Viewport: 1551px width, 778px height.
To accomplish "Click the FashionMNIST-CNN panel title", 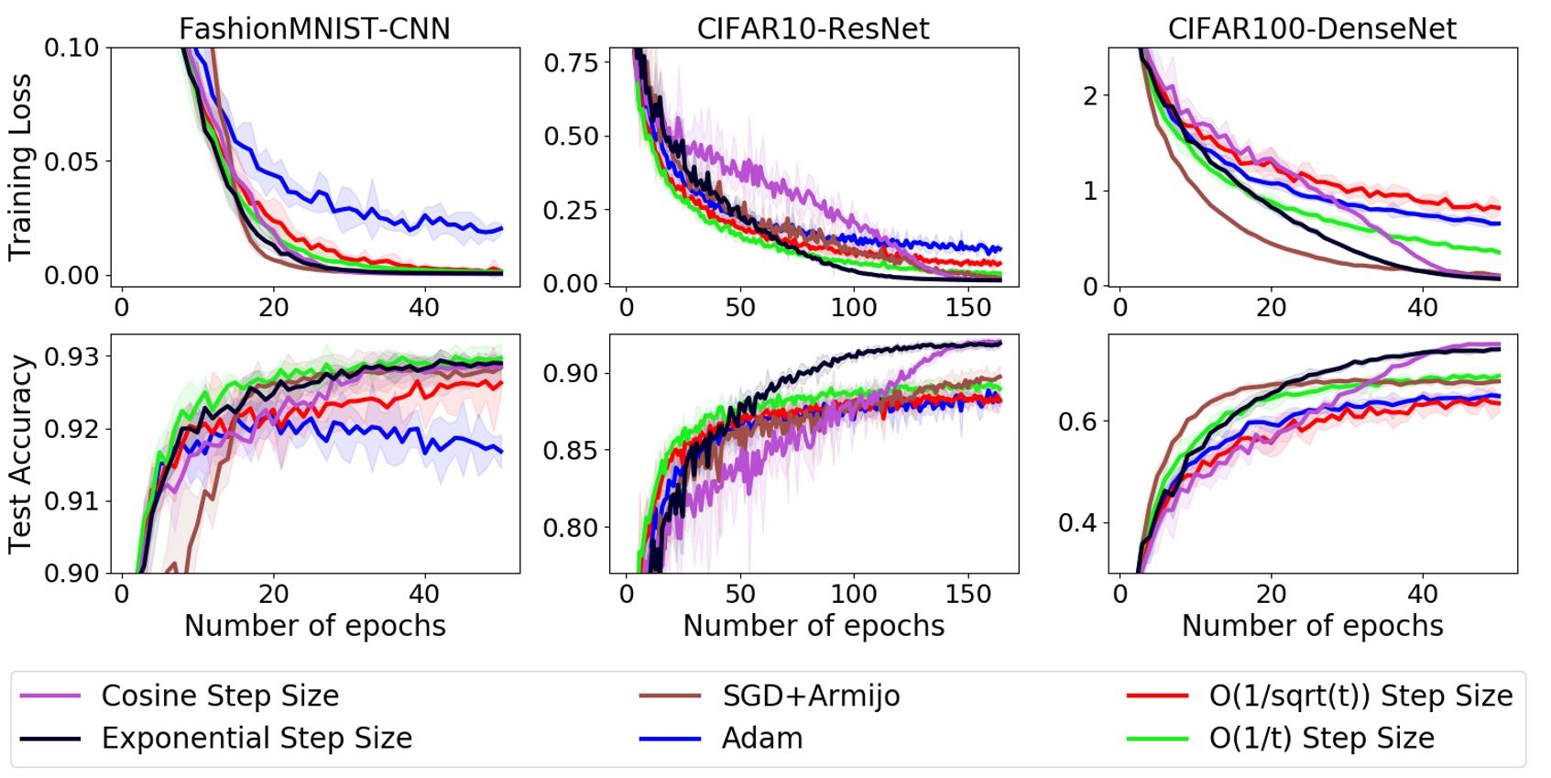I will coord(314,28).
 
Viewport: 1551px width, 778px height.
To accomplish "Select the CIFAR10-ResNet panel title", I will coord(813,28).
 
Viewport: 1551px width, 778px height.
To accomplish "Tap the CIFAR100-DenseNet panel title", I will coord(1312,28).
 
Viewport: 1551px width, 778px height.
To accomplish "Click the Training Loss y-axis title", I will coord(20,167).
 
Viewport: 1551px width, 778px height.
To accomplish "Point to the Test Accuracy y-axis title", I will coord(20,455).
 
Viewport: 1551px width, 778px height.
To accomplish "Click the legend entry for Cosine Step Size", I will coord(220,696).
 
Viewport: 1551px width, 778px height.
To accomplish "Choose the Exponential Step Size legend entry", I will coord(257,738).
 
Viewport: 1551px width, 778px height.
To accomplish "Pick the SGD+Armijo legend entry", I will coord(811,696).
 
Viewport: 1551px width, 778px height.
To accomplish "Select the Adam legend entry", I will coord(762,738).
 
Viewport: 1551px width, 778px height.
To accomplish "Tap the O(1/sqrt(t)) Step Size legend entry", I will coord(1360,696).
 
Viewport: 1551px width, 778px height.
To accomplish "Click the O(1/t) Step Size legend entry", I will coord(1321,738).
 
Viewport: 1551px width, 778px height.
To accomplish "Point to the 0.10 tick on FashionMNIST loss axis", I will coord(71,48).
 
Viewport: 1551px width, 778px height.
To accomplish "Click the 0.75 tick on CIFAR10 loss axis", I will coord(570,63).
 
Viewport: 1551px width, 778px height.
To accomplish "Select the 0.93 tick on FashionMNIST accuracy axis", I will coord(71,356).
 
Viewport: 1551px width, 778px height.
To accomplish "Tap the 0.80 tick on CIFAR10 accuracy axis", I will coord(570,528).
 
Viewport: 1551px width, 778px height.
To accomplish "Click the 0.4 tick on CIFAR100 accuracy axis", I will coord(1077,523).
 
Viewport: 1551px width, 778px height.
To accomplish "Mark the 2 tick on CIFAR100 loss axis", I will coord(1089,95).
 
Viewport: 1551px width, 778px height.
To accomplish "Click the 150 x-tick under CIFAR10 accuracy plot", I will coord(968,594).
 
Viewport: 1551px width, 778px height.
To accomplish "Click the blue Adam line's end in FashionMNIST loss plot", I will coord(501,228).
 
